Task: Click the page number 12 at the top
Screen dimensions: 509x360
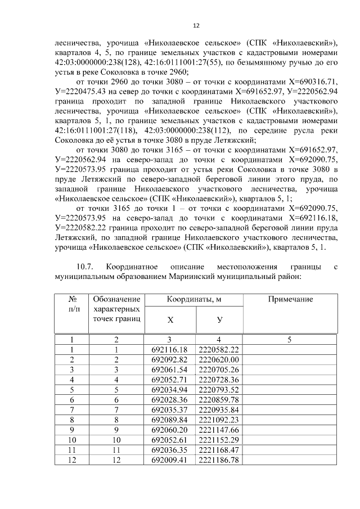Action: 196,25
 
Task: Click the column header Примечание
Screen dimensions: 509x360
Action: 290,300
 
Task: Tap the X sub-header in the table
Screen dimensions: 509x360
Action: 170,319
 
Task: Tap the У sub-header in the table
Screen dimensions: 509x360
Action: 219,319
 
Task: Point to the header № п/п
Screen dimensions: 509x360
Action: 72,304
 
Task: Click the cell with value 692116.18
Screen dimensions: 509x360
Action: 170,350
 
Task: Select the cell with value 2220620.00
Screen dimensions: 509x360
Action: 219,359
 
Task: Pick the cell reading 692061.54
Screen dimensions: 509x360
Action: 170,370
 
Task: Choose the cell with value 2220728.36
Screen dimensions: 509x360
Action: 219,379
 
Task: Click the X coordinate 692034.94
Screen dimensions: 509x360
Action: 170,389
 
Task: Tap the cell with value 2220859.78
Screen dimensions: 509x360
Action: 219,399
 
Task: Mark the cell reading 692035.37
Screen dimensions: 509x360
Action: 170,409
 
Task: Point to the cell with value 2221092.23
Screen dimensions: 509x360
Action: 219,420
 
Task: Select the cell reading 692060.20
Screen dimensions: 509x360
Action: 170,430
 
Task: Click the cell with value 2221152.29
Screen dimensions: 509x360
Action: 219,440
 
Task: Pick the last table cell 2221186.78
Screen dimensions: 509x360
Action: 219,460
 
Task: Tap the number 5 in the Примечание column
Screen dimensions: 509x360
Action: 290,339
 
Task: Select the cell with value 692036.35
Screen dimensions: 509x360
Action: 170,450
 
